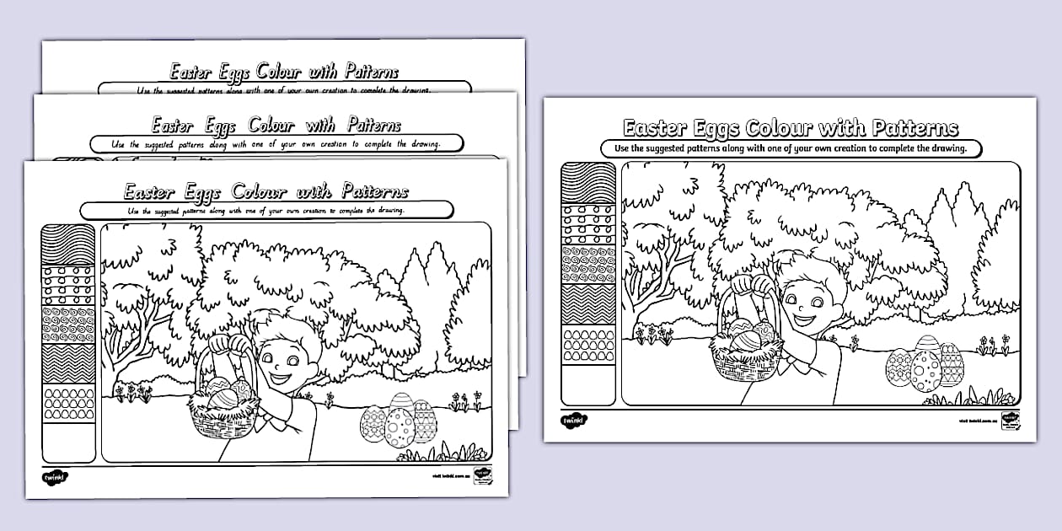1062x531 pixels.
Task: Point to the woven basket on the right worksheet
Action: pyautogui.click(x=746, y=354)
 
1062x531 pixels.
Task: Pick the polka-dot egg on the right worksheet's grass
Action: pyautogui.click(x=925, y=371)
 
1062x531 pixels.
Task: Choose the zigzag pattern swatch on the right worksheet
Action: pyautogui.click(x=588, y=304)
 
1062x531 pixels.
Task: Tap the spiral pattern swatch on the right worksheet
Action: pyautogui.click(x=588, y=263)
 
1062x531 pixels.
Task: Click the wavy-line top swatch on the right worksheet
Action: pyautogui.click(x=588, y=183)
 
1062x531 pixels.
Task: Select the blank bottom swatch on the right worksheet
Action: pyautogui.click(x=588, y=383)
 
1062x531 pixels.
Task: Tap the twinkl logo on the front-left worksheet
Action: pyautogui.click(x=55, y=477)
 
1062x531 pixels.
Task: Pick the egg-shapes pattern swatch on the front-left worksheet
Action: pyautogui.click(x=68, y=404)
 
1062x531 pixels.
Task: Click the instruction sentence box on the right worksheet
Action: pyautogui.click(x=795, y=148)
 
